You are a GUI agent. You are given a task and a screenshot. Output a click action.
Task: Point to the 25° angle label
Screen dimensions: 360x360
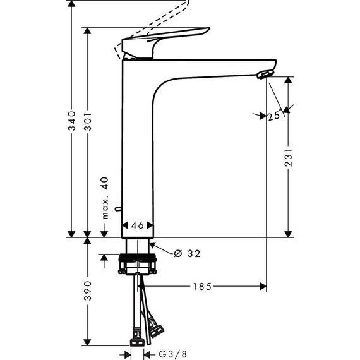[274, 116]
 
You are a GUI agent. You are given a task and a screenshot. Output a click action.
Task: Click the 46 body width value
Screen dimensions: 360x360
[137, 225]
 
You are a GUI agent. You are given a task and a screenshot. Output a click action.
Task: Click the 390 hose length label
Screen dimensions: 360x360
[89, 291]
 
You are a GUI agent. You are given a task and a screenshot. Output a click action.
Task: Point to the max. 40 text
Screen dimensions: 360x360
[105, 198]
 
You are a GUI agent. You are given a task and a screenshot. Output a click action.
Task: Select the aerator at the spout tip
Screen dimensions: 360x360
[261, 75]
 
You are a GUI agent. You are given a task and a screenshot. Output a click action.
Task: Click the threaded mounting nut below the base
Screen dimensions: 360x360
[137, 259]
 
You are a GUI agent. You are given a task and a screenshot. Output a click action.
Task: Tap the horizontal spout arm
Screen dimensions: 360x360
[208, 66]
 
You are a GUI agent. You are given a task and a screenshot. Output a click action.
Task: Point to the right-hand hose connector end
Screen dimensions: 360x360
[156, 329]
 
